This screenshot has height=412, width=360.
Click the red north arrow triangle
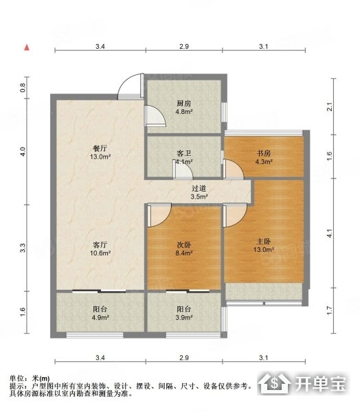click(x=27, y=47)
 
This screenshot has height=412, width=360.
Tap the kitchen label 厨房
click(x=184, y=104)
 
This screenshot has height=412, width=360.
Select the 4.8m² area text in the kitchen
click(x=184, y=112)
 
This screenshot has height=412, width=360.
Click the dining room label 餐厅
click(x=100, y=148)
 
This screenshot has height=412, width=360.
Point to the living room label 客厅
click(x=100, y=245)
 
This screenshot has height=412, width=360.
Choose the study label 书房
click(x=264, y=153)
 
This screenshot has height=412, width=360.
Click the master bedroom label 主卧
click(x=264, y=241)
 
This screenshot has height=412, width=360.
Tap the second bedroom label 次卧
click(x=184, y=245)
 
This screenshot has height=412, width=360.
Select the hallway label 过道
click(x=199, y=188)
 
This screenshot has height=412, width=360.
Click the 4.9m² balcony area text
click(x=100, y=317)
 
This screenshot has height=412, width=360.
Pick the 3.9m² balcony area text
click(x=184, y=317)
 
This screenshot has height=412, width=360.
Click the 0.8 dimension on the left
click(x=23, y=87)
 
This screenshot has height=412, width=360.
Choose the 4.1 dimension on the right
click(x=330, y=233)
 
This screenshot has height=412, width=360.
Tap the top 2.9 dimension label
click(x=184, y=47)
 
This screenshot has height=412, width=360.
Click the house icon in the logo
click(x=274, y=383)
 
